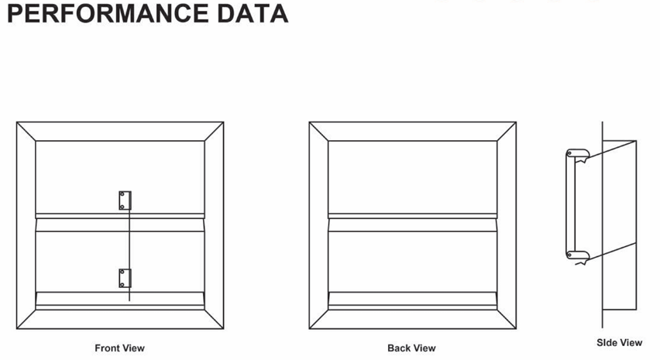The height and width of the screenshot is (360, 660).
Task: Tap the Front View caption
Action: tap(119, 348)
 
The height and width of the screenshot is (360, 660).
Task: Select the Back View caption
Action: tap(411, 348)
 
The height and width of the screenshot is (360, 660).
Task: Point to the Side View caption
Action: tap(619, 342)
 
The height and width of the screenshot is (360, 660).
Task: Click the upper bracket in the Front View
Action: tap(125, 201)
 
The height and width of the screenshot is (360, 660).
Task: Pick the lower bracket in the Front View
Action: tap(125, 278)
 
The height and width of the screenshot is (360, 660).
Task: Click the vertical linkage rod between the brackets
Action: tap(129, 240)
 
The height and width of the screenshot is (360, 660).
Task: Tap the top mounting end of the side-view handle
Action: tap(576, 154)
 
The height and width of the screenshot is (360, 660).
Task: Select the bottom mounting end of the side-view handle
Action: tap(576, 254)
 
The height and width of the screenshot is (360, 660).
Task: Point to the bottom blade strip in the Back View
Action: tap(412, 300)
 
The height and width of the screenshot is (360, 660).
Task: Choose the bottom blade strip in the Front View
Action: tap(120, 300)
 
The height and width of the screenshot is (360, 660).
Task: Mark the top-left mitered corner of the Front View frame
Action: tap(26, 132)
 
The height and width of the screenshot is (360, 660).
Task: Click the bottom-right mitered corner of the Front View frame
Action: tap(214, 321)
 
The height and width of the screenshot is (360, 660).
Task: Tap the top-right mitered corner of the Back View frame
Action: tap(506, 132)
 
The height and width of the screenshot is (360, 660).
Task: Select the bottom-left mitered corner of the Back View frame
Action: tap(318, 321)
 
